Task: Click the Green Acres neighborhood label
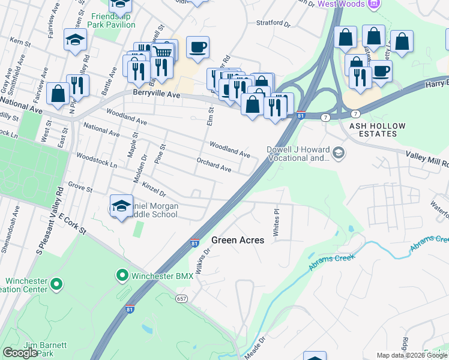(x=238, y=240)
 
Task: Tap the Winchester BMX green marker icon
(x=122, y=276)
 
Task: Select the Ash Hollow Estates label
(x=378, y=130)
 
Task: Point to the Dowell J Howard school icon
(x=339, y=153)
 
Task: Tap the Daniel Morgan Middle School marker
(x=121, y=206)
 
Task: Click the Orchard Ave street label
(x=214, y=165)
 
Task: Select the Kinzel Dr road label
(x=154, y=187)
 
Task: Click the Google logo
(x=20, y=353)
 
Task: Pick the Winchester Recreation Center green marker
(x=56, y=283)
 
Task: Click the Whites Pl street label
(x=277, y=223)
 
